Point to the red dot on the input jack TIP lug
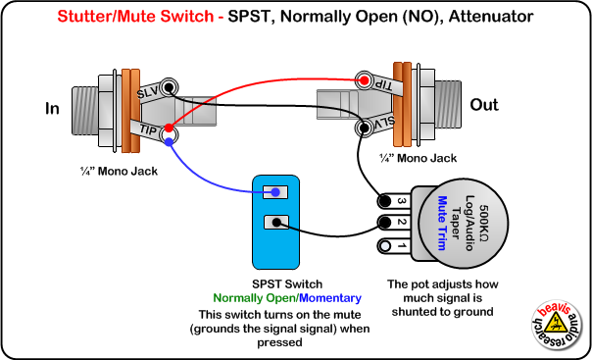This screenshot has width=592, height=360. (170, 128)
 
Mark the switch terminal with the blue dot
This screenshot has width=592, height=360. (277, 192)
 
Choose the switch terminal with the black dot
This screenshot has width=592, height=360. (277, 223)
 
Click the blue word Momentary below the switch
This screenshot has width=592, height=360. (330, 297)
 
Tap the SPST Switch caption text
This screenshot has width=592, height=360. (279, 283)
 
